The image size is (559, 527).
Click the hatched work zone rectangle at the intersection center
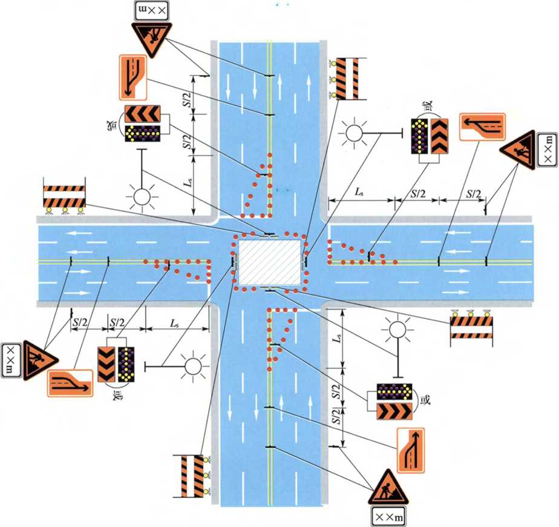[x=269, y=263]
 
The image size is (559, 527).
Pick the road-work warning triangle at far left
[x=36, y=359]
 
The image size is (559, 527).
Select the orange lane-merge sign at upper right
[x=482, y=127]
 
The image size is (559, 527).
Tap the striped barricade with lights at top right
[x=347, y=79]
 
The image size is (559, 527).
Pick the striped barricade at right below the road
[x=472, y=330]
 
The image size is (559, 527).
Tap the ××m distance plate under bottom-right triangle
[x=387, y=516]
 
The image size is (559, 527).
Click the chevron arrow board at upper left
[x=143, y=113]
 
